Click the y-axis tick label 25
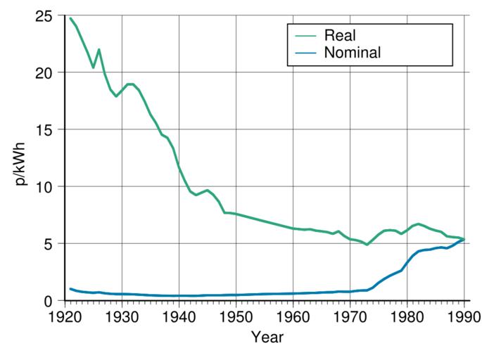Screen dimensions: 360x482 (x=49, y=15)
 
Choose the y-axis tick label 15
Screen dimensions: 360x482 (x=49, y=129)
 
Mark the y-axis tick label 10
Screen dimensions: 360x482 (x=49, y=186)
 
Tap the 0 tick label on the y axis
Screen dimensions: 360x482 (x=53, y=301)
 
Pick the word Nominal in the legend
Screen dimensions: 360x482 (x=353, y=52)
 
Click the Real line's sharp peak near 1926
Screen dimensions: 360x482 (x=99, y=49)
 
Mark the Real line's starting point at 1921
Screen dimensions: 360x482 (x=70, y=18)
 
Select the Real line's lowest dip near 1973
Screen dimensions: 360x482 (x=367, y=245)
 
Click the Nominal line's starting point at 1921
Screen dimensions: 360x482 (x=70, y=289)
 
